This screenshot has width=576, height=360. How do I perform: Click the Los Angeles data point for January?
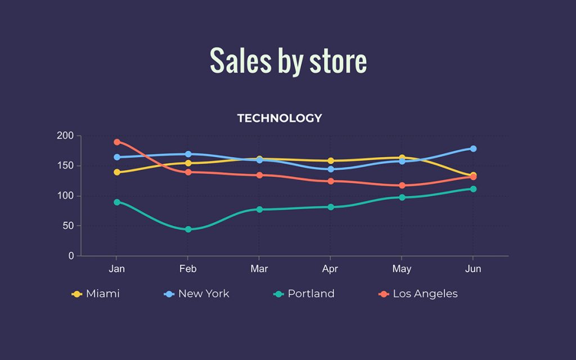click(116, 142)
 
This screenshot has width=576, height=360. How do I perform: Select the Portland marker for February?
click(188, 229)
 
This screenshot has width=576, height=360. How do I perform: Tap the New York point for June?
click(473, 148)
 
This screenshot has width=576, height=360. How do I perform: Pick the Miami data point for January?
click(116, 172)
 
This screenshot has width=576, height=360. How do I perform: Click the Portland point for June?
click(473, 189)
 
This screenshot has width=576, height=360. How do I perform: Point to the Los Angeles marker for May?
click(402, 185)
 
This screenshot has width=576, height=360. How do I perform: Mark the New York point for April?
click(330, 169)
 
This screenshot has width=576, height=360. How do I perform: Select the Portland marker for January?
click(116, 202)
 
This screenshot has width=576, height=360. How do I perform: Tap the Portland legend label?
click(310, 294)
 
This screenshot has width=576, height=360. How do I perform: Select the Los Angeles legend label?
click(425, 294)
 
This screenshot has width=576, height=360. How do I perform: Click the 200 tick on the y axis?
click(65, 136)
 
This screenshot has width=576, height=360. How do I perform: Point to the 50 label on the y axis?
click(67, 226)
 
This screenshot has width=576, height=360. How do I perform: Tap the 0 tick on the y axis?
click(71, 256)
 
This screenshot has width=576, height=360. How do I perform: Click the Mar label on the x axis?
click(259, 269)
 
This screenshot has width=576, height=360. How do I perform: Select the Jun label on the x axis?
click(473, 269)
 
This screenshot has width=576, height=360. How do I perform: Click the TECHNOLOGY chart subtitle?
click(280, 118)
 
